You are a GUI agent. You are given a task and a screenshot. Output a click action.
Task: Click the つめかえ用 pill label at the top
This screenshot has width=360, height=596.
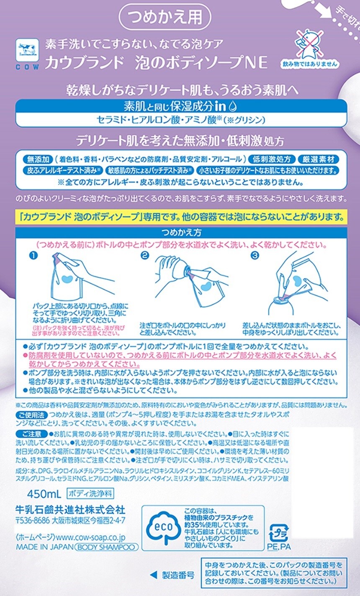tap(165, 17)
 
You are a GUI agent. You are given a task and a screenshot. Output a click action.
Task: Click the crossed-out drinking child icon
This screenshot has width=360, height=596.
tap(309, 44)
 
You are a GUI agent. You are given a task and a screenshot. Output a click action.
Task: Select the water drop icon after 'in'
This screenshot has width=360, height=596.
tap(233, 106)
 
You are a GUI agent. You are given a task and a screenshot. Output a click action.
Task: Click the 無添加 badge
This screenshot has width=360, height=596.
tap(38, 159)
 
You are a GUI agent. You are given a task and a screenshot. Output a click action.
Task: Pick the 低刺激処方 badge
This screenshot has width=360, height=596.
tap(271, 159)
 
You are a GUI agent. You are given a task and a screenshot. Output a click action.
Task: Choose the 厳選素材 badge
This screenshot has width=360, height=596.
tap(318, 159)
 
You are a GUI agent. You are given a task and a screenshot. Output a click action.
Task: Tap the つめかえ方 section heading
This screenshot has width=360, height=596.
tap(181, 232)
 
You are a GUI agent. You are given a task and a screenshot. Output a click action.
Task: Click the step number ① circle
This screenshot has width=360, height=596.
tap(33, 255)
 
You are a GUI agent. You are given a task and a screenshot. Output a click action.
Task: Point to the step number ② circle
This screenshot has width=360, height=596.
tap(144, 255)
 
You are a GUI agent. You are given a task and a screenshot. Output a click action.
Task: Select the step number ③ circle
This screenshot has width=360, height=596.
tap(255, 255)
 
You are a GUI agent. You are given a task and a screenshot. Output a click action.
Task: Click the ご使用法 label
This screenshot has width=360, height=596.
tap(32, 415)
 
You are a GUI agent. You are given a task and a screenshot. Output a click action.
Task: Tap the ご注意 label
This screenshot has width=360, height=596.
tap(32, 434)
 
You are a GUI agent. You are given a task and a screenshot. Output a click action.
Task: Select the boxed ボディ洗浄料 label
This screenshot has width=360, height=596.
tap(90, 493)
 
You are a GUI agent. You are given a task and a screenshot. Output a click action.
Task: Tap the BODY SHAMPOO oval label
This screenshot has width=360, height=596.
tap(107, 547)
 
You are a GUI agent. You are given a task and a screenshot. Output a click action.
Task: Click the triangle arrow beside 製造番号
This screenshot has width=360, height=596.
tap(153, 575)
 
